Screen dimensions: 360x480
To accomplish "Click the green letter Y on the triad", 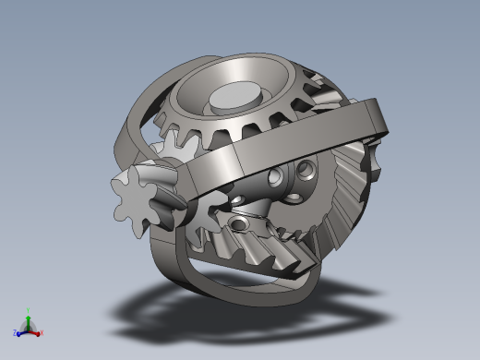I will (x=29, y=311).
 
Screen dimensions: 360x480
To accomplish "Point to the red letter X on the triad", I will (x=42, y=332).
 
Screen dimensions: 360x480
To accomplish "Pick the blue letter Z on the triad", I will (x=16, y=333).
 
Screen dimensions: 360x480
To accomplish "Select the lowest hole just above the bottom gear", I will (x=242, y=223).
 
